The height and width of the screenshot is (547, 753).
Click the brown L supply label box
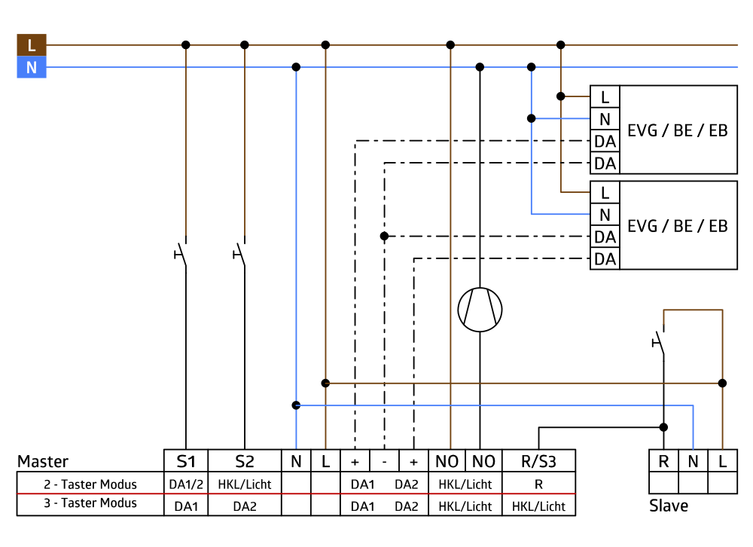32,45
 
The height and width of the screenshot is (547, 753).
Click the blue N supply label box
32,68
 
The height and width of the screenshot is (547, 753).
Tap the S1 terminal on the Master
186,461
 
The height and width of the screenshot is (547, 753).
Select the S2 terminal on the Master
245,461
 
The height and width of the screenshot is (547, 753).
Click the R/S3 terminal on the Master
538,461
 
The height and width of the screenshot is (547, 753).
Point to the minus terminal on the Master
384,461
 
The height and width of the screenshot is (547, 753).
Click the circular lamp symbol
480,310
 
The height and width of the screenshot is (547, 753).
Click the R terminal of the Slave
663,461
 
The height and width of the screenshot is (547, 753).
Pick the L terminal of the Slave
723,461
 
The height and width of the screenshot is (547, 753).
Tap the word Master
43,461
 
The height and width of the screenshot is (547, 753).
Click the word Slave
668,506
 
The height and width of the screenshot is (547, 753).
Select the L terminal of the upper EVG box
605,96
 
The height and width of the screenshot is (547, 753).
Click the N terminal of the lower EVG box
605,215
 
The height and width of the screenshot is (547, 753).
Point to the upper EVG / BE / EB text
678,130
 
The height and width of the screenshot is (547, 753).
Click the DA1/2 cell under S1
186,484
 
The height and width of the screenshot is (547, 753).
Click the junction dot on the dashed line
384,236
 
